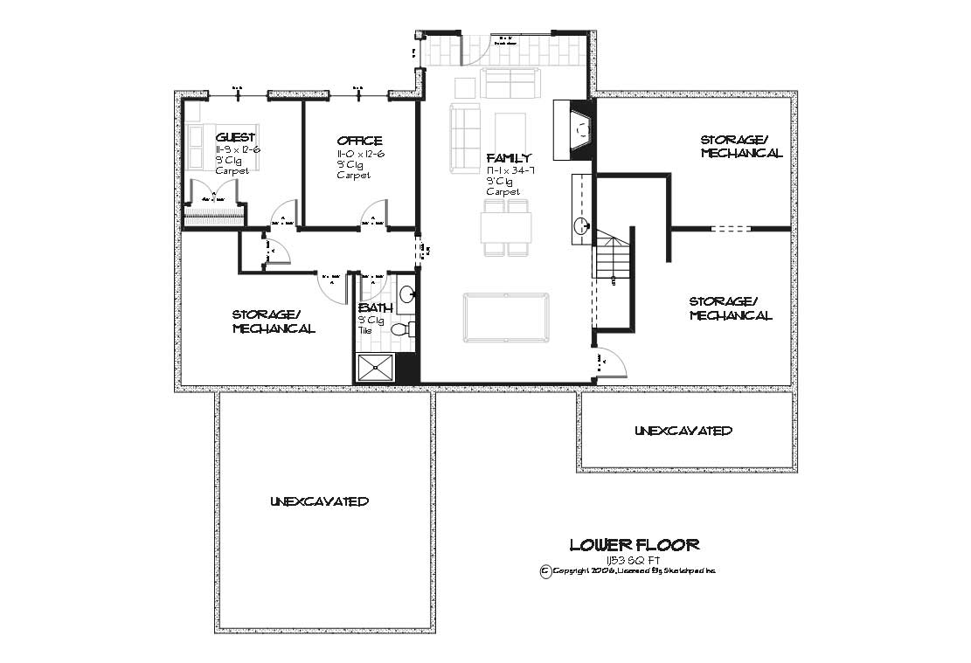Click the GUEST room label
point(236,137)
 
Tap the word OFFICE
point(359,141)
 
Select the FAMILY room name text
point(510,158)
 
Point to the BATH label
point(376,308)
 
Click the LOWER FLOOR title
point(635,545)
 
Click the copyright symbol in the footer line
point(545,570)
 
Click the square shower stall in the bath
point(375,368)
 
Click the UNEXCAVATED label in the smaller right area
point(683,431)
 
